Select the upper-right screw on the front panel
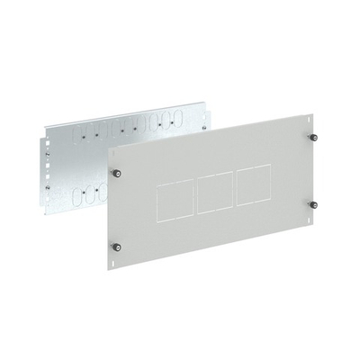click(315, 138)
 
